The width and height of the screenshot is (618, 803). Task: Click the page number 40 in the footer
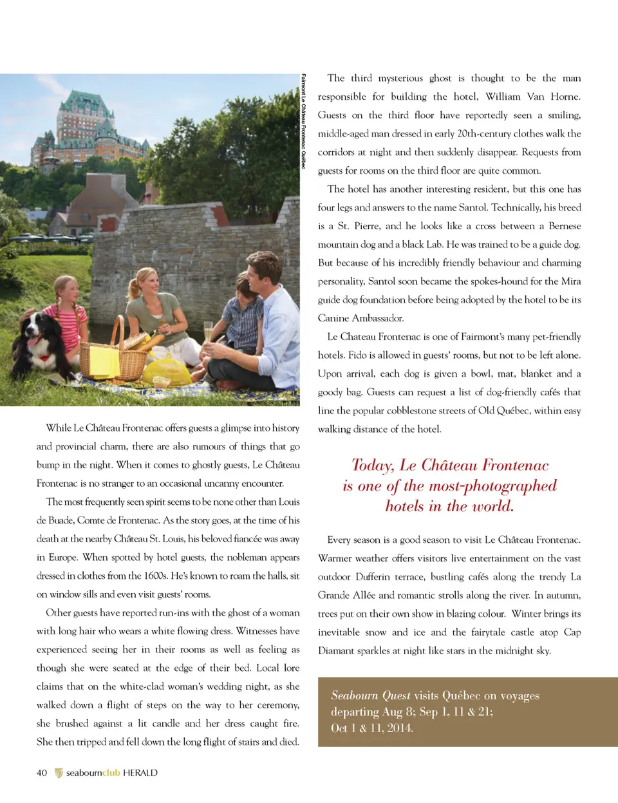coord(42,773)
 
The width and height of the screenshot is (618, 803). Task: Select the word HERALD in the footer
coord(140,773)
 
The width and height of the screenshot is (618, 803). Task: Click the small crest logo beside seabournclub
coord(59,773)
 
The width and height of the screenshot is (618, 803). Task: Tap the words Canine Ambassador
coord(360,318)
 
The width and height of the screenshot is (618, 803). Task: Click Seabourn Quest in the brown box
coord(370,695)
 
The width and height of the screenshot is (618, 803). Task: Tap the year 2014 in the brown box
coord(399,728)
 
